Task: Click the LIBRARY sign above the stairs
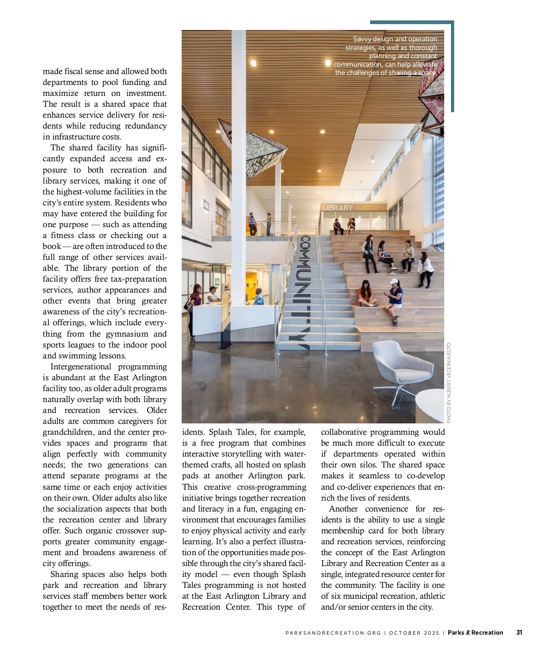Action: (x=337, y=208)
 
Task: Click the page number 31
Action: (x=519, y=632)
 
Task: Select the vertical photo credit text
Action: (x=449, y=383)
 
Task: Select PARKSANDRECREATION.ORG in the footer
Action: (x=333, y=633)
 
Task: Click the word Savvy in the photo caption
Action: (x=362, y=39)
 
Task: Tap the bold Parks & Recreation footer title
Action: (x=475, y=632)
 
